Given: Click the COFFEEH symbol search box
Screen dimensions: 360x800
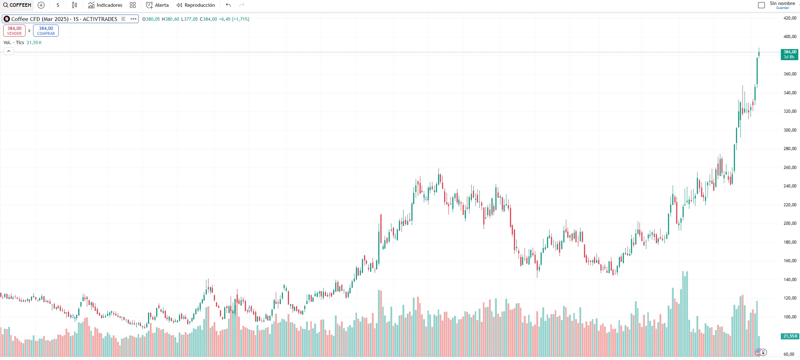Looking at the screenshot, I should pos(17,5).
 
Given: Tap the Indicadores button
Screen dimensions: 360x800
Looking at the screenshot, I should pos(105,5).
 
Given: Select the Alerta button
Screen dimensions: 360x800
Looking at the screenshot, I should pos(157,5).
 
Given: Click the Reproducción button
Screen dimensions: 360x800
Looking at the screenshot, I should pos(196,5).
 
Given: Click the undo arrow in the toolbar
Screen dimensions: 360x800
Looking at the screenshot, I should pos(228,5).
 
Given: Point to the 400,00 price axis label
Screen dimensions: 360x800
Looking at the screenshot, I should pos(790,37).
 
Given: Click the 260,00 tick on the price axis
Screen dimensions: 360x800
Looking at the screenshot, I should pos(790,168).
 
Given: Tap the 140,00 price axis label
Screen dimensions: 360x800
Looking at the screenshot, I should pos(790,280).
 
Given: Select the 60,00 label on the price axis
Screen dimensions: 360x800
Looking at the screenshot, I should pos(789,354).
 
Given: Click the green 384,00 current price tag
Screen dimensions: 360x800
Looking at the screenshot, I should pos(789,54).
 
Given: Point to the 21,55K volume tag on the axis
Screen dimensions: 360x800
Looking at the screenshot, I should pos(790,336).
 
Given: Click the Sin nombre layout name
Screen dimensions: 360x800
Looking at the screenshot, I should pos(782,4).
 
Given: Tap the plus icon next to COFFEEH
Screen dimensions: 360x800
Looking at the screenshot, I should pos(41,5).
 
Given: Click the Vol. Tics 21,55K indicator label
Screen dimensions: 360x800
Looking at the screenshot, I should pos(22,43).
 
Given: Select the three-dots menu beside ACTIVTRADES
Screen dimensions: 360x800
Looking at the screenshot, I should pos(133,19).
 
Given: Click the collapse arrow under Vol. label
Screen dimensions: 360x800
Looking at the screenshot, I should pos(9,51).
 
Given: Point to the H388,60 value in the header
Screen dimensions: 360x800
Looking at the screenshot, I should pos(170,19).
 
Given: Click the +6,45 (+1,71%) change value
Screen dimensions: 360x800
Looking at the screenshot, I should pos(234,19).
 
